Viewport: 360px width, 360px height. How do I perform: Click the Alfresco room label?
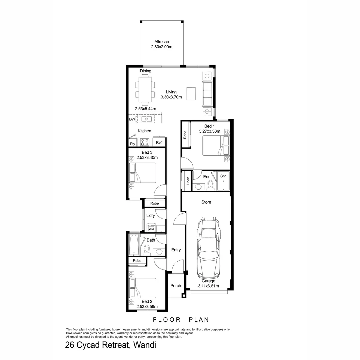click(x=162, y=42)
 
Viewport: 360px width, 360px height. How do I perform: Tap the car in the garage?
click(x=209, y=248)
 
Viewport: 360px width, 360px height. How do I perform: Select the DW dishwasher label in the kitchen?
click(x=132, y=119)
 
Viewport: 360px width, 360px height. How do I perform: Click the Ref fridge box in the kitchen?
click(x=159, y=143)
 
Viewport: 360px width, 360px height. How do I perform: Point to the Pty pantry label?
click(x=132, y=144)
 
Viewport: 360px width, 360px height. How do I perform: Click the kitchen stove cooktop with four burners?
click(x=145, y=142)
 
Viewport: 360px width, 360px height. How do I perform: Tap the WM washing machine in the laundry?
click(x=151, y=229)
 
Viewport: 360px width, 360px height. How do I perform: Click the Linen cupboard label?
click(x=188, y=181)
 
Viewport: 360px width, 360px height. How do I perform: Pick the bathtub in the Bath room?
click(x=134, y=245)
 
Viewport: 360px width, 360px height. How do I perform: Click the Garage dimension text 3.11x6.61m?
click(x=208, y=286)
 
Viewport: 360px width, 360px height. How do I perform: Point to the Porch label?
click(x=176, y=286)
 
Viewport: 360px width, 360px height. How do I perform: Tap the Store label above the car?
click(x=206, y=202)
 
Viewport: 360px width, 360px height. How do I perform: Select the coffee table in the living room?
click(x=191, y=93)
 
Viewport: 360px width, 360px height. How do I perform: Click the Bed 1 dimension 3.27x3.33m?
click(x=210, y=131)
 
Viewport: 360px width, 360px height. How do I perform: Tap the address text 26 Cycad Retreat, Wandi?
click(x=111, y=345)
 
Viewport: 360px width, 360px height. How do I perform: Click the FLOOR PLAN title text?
click(x=181, y=320)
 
